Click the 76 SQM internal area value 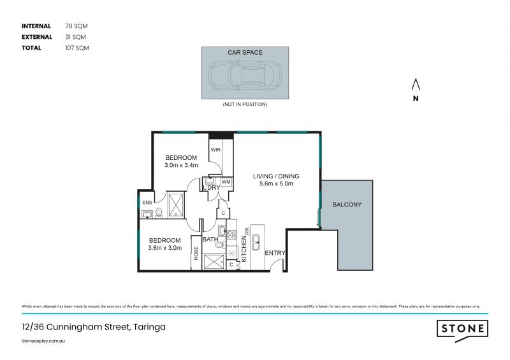[x=76, y=26]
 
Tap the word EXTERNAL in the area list [x=37, y=37]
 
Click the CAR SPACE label [x=245, y=52]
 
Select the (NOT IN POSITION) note [x=245, y=104]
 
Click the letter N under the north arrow [x=415, y=98]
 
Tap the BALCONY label [x=347, y=205]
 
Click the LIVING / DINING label [x=276, y=176]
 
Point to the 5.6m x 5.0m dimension [x=276, y=184]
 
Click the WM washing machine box [x=226, y=182]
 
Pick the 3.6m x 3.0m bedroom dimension [x=164, y=248]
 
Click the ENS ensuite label [x=147, y=203]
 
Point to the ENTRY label [x=275, y=253]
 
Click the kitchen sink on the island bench [x=256, y=241]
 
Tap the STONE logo [x=462, y=329]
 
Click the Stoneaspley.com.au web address [x=44, y=342]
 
